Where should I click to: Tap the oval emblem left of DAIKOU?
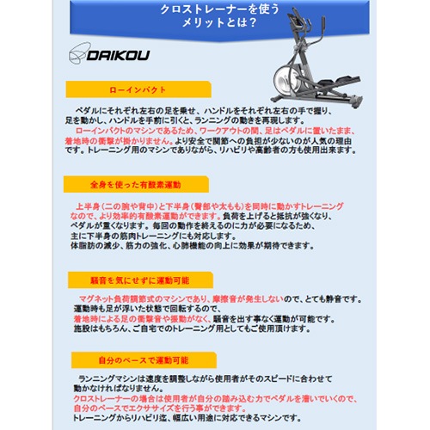(78, 53)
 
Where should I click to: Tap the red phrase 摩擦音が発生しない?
(254, 298)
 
